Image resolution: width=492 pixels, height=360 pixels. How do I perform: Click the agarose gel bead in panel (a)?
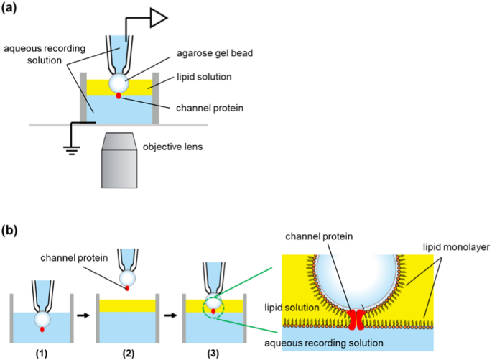(x=119, y=81)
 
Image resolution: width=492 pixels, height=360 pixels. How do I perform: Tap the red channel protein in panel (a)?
(x=119, y=95)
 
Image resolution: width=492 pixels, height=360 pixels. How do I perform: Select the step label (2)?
(x=128, y=353)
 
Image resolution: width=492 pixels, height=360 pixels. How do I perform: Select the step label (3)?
(x=213, y=353)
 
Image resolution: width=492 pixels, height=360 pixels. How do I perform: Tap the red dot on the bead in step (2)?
(x=128, y=287)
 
